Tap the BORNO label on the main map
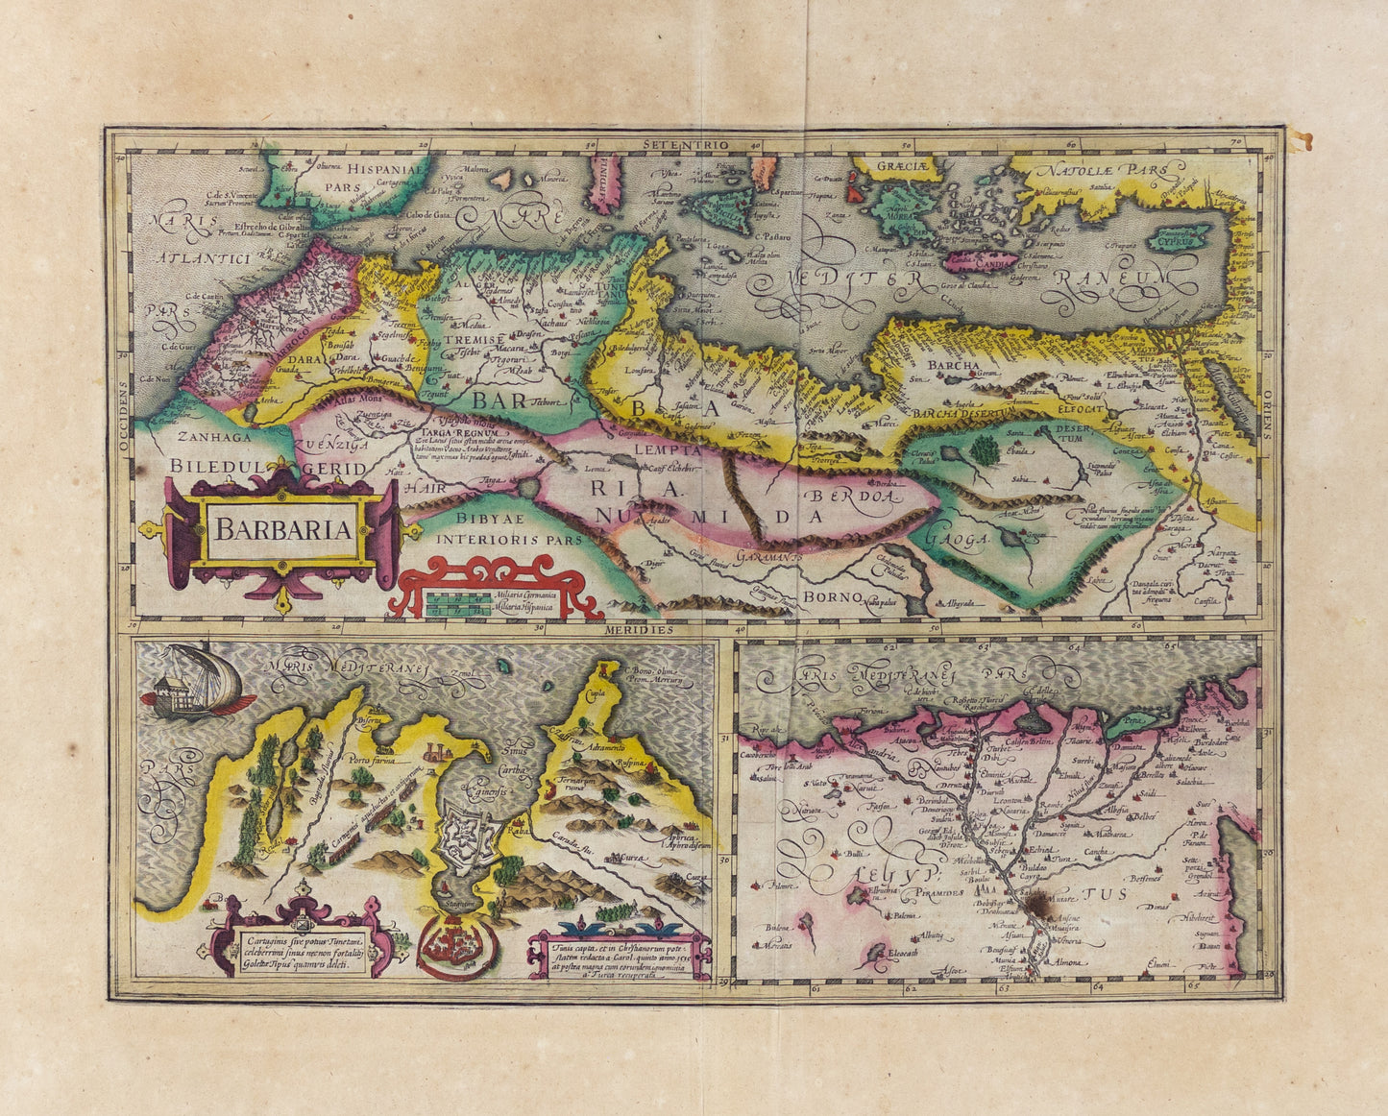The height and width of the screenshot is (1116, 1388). (x=832, y=596)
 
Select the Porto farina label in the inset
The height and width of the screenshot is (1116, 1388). (x=372, y=760)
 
